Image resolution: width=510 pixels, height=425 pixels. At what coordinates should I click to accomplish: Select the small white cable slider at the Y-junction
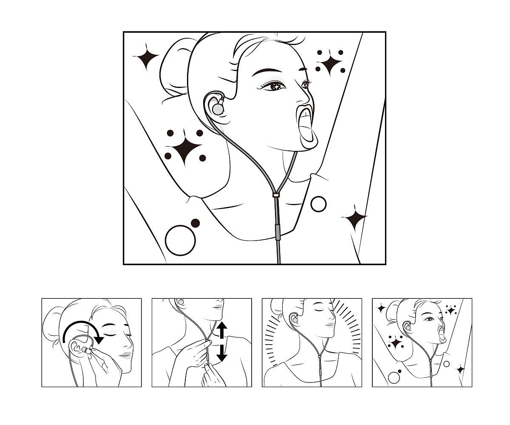276,194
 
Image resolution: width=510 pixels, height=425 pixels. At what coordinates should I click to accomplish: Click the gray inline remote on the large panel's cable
278,233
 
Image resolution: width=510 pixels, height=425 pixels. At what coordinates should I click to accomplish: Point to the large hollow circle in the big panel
180,240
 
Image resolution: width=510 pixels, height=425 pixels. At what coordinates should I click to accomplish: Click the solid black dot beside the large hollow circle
195,223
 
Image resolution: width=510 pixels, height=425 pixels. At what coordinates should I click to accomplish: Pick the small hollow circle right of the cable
318,204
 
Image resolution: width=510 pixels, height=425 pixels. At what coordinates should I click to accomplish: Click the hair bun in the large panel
174,68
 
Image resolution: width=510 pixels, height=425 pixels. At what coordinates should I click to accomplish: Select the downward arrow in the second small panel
222,353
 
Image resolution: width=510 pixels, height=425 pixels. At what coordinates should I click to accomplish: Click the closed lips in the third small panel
330,324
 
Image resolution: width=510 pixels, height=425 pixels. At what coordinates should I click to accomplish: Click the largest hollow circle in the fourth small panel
394,377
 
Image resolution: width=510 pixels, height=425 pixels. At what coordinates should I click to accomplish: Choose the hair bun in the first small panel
53,323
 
